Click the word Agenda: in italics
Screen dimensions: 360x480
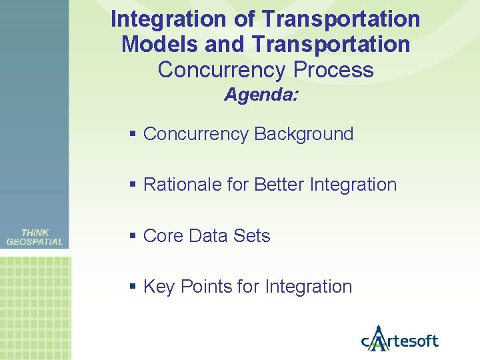point(261,95)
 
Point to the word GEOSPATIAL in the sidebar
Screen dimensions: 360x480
point(35,242)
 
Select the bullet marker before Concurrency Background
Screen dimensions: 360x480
point(133,134)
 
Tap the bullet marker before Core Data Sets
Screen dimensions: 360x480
point(133,236)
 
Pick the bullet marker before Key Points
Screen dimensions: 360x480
point(133,287)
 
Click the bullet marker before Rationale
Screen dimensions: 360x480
point(133,185)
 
